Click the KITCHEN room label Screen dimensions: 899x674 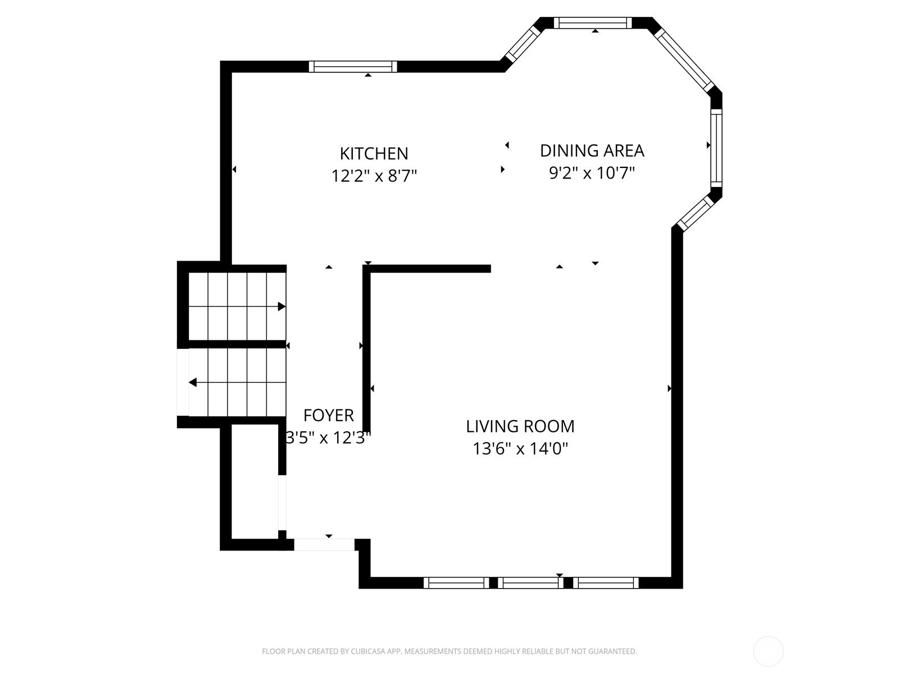(x=374, y=153)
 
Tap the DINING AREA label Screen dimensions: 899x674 (x=592, y=151)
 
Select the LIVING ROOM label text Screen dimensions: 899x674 (x=520, y=426)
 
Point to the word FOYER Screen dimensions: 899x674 (x=329, y=416)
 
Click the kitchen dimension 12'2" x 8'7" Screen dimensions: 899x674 (x=374, y=176)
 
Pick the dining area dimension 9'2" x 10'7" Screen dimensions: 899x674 (x=592, y=173)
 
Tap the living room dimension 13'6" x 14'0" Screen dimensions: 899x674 (x=520, y=449)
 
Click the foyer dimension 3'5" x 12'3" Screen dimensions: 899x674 (x=328, y=438)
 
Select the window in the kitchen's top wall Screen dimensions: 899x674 (x=353, y=66)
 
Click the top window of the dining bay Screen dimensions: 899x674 (x=593, y=23)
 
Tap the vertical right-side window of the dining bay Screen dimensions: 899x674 (x=716, y=148)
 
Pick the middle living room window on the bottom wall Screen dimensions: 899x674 (x=530, y=583)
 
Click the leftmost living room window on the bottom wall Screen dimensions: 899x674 (x=456, y=583)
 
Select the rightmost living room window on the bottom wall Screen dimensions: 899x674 (x=606, y=583)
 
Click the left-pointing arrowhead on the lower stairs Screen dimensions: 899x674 (x=193, y=382)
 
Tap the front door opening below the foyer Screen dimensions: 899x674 (x=324, y=545)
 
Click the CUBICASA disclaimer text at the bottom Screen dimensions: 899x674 (x=449, y=651)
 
